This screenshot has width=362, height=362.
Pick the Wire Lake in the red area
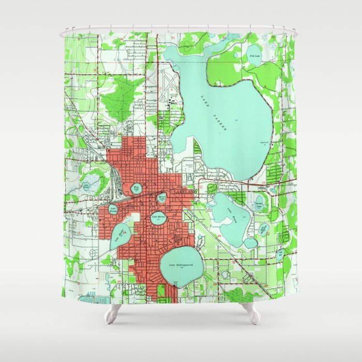(137, 189)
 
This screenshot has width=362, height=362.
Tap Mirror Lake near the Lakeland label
(162, 197)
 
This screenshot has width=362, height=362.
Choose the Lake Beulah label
(113, 209)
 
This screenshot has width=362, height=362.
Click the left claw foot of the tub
(112, 312)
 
